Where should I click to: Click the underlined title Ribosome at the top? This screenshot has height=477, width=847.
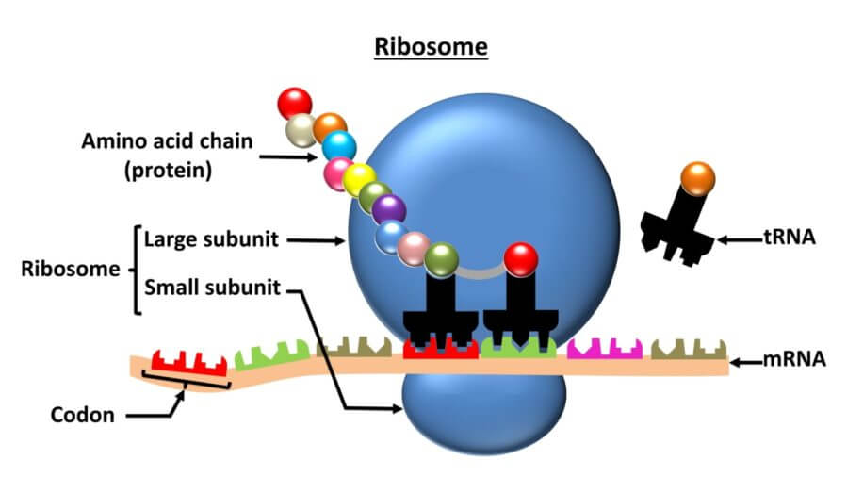[x=432, y=46]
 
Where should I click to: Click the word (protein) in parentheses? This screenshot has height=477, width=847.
[x=170, y=172]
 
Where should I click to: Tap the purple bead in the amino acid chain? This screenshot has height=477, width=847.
[x=387, y=210]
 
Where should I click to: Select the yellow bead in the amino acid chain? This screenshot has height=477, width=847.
[x=359, y=179]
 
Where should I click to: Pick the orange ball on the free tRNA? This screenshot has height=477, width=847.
[x=697, y=178]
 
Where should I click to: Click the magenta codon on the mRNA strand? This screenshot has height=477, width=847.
[x=604, y=347]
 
